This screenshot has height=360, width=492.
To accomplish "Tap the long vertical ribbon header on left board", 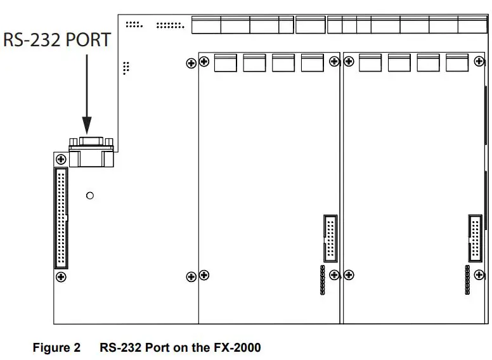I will pos(61,218).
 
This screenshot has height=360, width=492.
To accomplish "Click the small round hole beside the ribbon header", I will pos(90,196).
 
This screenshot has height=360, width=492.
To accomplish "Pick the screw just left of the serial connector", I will pos(61,159).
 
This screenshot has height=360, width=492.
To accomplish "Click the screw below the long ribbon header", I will pos(61,277).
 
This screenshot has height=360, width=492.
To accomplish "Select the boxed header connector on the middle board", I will pos(330,238).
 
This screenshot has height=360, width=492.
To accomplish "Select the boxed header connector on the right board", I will pos(474,238).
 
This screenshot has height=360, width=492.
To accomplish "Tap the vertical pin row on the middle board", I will pos(323,280).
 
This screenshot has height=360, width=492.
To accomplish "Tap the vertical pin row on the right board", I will pos(467,280).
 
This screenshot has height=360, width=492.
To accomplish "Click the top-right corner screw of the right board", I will pos(479,61).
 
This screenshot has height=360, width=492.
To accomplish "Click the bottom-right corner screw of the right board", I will pos(479,275).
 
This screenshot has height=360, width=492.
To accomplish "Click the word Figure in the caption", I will pos(52,348).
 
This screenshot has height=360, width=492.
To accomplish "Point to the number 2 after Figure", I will pos(77,348).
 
